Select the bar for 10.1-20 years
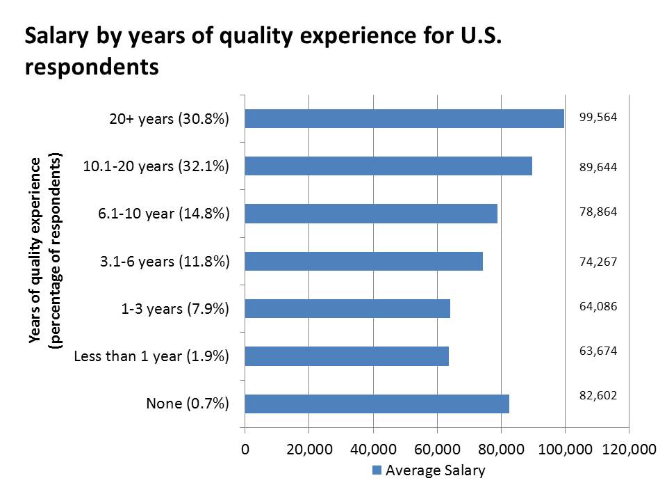point(388,166)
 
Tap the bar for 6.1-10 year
point(371,213)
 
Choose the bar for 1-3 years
point(347,308)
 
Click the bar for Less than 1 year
point(347,356)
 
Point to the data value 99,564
point(598,118)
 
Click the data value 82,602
point(598,395)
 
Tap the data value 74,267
point(598,262)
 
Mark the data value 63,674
point(598,350)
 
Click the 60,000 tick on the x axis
point(437,450)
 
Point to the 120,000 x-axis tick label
point(628,450)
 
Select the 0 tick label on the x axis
point(245,450)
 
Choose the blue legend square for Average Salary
point(377,470)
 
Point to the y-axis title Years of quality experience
point(34,250)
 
